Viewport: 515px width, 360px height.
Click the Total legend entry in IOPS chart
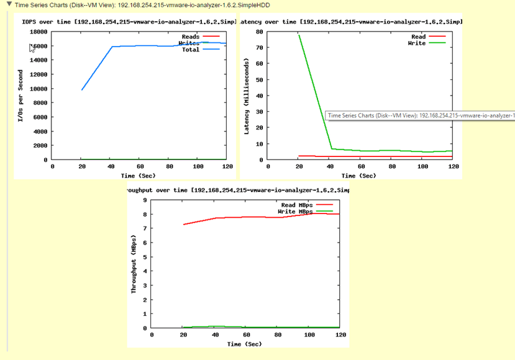191,50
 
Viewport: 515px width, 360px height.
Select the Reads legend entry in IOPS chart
190,37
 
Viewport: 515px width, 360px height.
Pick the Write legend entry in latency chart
417,43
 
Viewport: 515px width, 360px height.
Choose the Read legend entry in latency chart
418,37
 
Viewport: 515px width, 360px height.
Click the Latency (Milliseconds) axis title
247,96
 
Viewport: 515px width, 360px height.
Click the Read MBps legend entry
297,205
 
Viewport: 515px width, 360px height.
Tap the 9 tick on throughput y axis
145,200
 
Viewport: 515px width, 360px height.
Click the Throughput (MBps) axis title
133,264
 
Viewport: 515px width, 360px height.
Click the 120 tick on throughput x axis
340,335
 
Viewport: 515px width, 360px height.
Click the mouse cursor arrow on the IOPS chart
32,48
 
